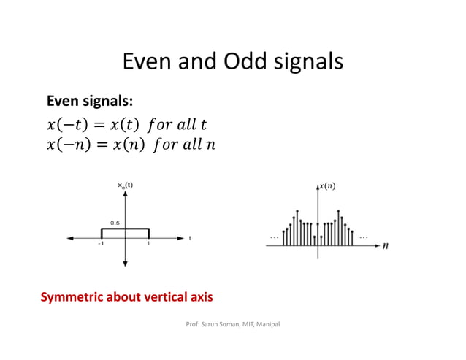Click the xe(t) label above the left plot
126,185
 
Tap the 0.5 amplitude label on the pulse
115,221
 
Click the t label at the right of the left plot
191,238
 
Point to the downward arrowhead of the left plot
126,263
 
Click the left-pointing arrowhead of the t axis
69,237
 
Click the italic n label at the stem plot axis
385,246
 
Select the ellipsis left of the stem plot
275,237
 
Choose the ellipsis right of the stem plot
364,237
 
